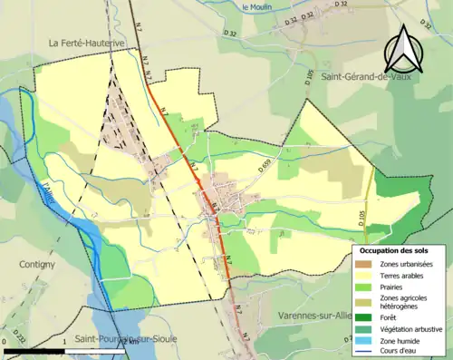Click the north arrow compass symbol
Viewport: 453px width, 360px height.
pos(404,49)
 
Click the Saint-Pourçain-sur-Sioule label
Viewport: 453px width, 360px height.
pos(127,337)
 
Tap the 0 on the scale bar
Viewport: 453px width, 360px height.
pos(6,343)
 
